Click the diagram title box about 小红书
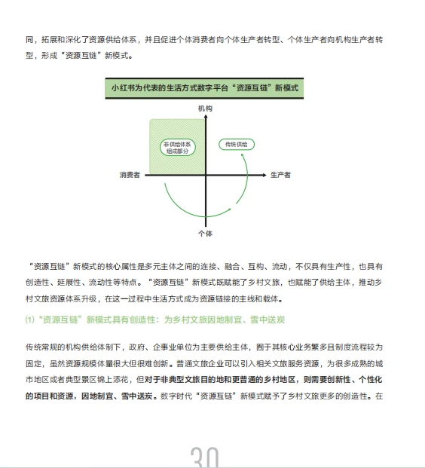coord(205,87)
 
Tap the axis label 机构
coord(205,109)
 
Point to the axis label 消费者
coord(130,175)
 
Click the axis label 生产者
coord(280,175)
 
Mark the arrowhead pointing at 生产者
coord(265,175)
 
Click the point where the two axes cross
coord(205,175)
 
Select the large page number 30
coord(205,456)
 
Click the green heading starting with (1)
coord(155,320)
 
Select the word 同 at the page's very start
coord(29,38)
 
